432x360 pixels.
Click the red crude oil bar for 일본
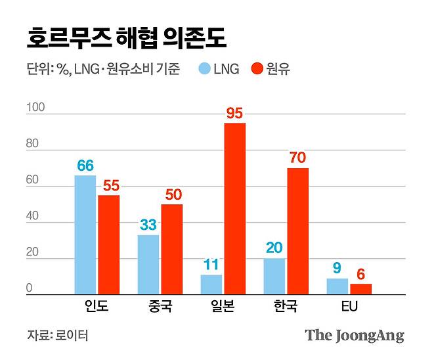point(235,209)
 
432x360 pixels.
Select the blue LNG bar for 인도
point(85,235)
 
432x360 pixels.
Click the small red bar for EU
point(360,289)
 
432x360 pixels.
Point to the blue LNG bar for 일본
point(211,284)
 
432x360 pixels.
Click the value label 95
point(234,113)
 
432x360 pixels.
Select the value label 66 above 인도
point(85,165)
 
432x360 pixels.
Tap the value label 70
point(297,158)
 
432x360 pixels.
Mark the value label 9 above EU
point(337,268)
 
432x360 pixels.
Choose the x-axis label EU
point(349,306)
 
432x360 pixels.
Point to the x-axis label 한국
point(286,306)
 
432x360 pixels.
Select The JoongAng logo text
point(355,336)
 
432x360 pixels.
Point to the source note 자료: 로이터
point(57,336)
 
